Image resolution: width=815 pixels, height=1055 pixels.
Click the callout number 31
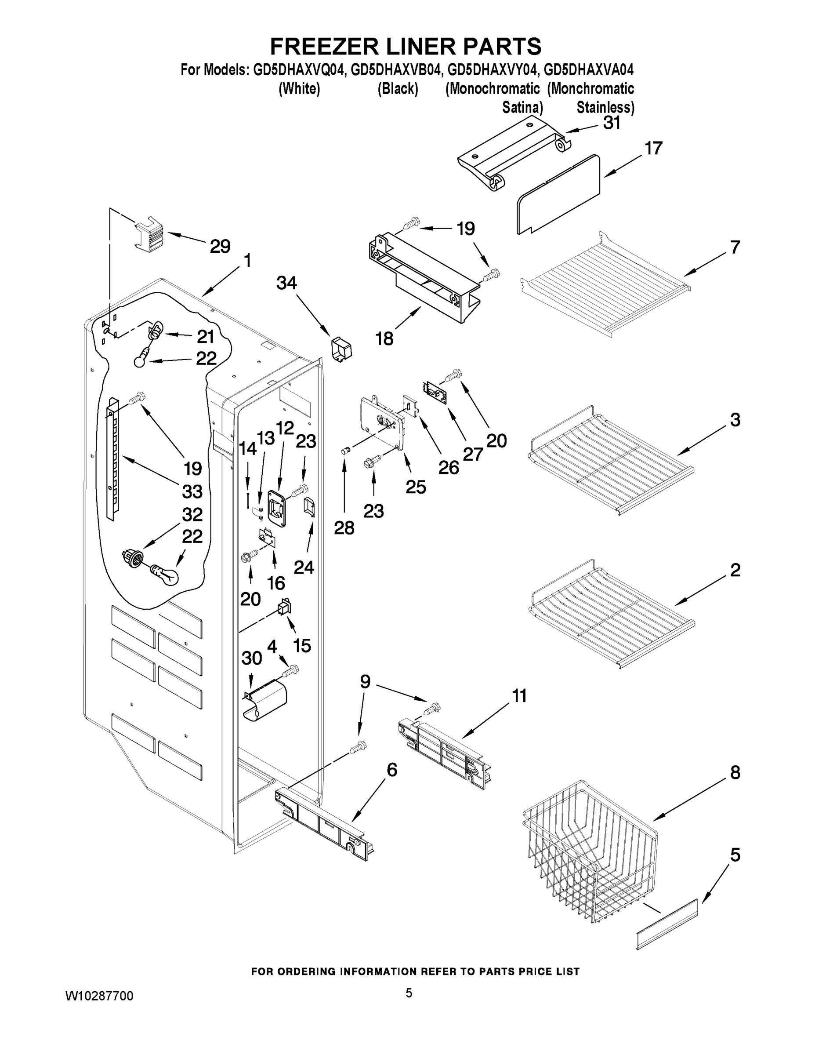612,123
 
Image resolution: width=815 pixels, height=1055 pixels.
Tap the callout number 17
654,148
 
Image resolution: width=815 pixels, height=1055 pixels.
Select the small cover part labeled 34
341,349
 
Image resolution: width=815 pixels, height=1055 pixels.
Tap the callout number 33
192,492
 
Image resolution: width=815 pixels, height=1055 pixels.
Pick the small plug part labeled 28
345,451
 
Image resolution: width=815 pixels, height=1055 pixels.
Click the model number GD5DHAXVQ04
299,70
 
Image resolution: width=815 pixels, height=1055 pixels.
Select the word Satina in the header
522,107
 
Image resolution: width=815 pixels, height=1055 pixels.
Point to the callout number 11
519,696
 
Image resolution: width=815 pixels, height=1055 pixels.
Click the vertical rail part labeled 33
112,459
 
